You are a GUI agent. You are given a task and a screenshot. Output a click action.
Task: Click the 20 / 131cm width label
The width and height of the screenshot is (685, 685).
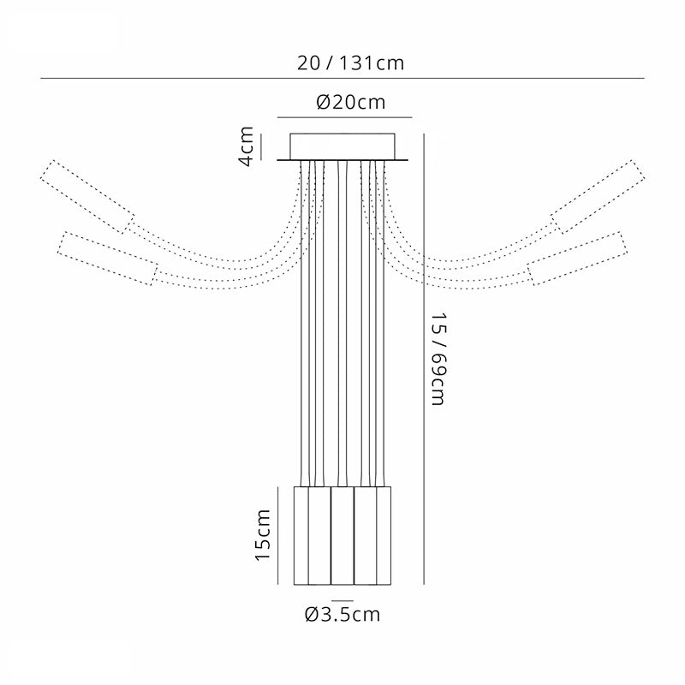[x=350, y=63]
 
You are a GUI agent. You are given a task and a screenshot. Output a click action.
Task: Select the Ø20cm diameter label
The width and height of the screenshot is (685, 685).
[x=351, y=103]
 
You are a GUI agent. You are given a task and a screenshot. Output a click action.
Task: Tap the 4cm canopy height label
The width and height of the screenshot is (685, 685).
[x=247, y=146]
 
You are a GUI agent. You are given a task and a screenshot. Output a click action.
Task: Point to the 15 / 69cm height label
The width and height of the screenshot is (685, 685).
[x=438, y=359]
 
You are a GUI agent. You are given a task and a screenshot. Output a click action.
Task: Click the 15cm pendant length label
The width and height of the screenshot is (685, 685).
[x=263, y=534]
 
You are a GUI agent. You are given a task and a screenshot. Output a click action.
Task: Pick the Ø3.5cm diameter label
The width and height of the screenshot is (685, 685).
[x=342, y=614]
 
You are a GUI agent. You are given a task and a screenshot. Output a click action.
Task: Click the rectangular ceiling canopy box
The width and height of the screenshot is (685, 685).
[x=342, y=146]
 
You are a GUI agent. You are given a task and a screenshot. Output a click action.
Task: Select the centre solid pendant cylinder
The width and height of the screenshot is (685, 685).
[x=342, y=536]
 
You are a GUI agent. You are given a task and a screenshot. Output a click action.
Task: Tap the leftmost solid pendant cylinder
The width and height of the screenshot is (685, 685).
[x=301, y=536]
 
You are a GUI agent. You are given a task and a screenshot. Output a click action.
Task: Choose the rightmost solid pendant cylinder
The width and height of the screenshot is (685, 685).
[x=384, y=536]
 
